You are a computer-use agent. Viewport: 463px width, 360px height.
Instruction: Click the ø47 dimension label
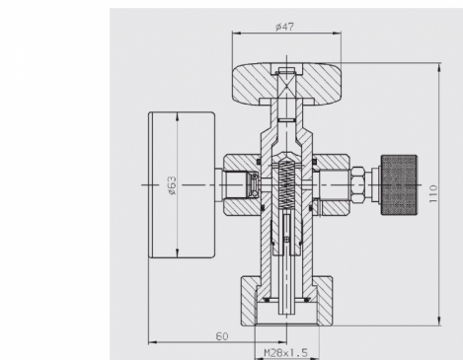284,27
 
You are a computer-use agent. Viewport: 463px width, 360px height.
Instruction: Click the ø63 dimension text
172,185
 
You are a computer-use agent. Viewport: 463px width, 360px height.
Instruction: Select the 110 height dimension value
433,193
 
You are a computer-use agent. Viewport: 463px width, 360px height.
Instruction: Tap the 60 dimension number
222,336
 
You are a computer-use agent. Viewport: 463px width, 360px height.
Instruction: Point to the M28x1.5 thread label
286,353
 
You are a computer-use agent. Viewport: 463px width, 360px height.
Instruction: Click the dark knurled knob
399,185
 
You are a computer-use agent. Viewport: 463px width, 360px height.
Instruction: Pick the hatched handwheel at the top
286,84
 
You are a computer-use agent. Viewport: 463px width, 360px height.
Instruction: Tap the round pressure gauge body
182,185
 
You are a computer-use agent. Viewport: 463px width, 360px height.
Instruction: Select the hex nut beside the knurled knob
358,185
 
